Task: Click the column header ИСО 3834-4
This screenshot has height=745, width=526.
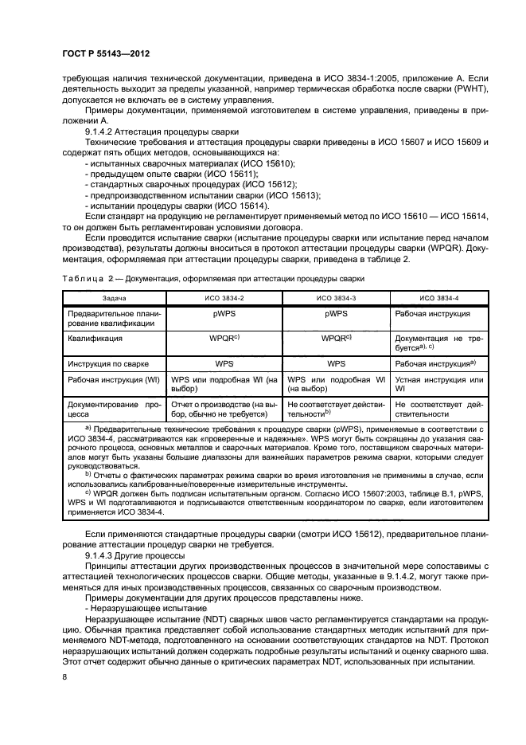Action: (440, 297)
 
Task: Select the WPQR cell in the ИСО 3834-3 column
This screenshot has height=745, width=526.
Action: (336, 338)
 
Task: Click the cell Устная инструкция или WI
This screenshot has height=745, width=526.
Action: (440, 385)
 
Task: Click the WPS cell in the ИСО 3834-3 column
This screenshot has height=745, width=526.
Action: (336, 363)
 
